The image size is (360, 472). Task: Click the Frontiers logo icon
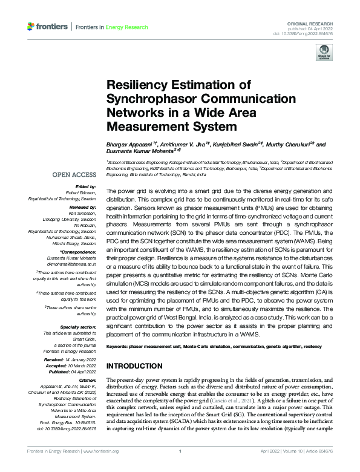(31, 27)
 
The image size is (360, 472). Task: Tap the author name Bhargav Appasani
(129, 145)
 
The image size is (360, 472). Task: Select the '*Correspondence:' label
(78, 253)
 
